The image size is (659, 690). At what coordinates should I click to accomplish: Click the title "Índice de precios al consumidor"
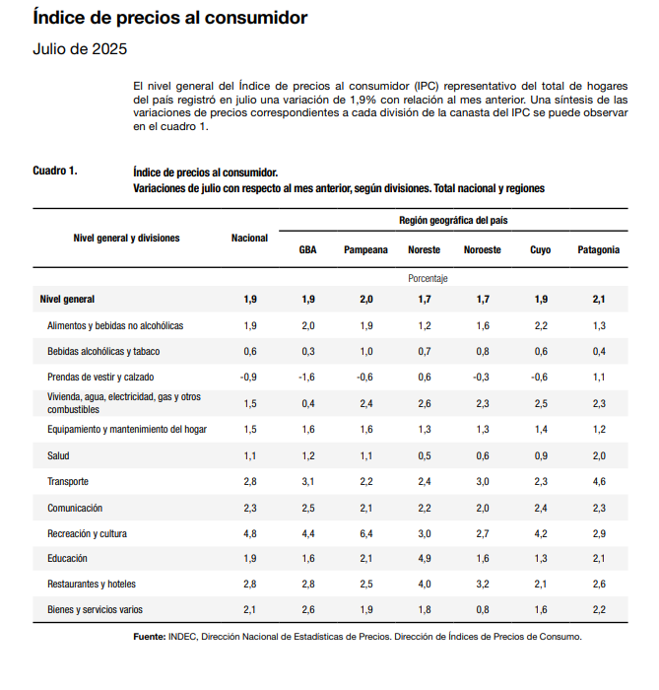169,18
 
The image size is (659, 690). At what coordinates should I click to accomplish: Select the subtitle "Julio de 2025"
80,49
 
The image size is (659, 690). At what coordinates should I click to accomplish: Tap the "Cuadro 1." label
55,172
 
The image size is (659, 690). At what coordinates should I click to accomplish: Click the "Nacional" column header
249,239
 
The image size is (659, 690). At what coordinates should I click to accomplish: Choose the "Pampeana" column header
365,250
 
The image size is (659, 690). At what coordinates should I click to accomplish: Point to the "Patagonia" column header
598,250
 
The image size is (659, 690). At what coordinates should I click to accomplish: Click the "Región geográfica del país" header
453,220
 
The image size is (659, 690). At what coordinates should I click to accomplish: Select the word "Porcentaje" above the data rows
428,279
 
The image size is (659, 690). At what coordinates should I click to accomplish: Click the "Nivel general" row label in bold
67,299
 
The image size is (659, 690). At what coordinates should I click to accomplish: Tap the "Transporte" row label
68,482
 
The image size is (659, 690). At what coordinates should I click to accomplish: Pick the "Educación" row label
68,559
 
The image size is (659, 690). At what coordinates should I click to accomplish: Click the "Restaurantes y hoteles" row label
94,585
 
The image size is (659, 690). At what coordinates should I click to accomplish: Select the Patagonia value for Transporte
599,482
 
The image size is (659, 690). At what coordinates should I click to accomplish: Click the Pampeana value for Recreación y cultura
366,533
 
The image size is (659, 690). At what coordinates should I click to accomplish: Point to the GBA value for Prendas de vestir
307,377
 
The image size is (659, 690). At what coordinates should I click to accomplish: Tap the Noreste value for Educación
424,559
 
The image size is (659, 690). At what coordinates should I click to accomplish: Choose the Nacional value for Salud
250,456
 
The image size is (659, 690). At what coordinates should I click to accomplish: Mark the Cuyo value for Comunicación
540,508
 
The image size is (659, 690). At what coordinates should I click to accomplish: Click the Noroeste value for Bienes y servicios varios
482,610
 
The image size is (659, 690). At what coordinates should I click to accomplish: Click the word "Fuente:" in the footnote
150,637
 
